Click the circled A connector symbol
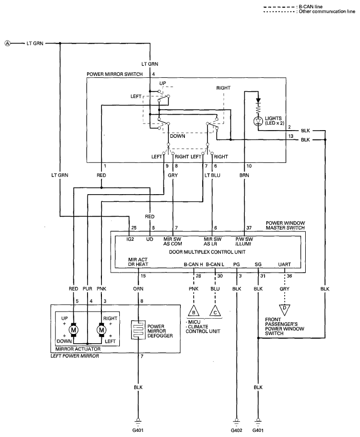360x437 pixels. (x=8, y=43)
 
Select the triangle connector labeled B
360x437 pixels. (x=194, y=311)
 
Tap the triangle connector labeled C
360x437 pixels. (x=215, y=311)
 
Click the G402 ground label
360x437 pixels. (x=236, y=430)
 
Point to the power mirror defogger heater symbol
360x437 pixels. (x=138, y=330)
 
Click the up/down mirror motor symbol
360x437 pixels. (x=74, y=330)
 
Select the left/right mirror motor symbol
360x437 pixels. (x=101, y=330)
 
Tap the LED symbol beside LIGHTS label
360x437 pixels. (x=258, y=121)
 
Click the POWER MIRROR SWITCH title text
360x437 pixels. (x=115, y=74)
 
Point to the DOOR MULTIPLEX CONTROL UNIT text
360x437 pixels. (x=207, y=252)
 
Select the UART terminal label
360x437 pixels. (x=285, y=264)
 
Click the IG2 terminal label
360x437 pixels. (x=130, y=239)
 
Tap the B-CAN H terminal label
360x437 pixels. (x=194, y=264)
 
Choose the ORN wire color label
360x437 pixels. (x=138, y=289)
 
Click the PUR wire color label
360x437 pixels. (x=87, y=289)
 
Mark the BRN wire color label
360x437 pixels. (x=244, y=175)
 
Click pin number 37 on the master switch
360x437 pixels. (x=249, y=227)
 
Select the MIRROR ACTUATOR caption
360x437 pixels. (x=78, y=349)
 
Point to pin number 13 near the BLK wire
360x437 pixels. (x=291, y=136)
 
